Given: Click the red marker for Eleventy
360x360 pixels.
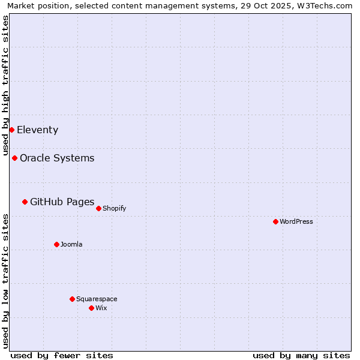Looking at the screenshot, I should (11, 130).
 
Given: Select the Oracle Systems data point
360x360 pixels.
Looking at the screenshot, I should (14, 158).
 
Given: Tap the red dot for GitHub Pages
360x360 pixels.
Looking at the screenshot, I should (25, 202).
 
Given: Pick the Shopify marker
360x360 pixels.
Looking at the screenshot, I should (98, 208).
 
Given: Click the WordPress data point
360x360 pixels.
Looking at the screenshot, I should (275, 221).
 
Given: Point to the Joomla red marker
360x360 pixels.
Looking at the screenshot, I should (56, 244).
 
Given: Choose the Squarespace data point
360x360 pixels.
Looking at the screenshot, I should (72, 299).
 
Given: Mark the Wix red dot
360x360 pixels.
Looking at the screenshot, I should (91, 308).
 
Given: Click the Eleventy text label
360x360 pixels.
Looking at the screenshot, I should (37, 130).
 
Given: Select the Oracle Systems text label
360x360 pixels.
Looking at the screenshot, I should (57, 158).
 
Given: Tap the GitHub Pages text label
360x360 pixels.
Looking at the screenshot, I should (62, 202).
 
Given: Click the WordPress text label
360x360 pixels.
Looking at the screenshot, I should (296, 221).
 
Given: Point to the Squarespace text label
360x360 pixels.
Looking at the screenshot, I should (97, 299).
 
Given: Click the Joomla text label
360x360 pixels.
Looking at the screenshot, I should (71, 244).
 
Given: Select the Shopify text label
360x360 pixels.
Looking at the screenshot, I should (114, 208).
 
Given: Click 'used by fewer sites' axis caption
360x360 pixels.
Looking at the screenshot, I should (62, 355).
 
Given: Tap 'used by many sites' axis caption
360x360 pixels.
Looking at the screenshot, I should (301, 355).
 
